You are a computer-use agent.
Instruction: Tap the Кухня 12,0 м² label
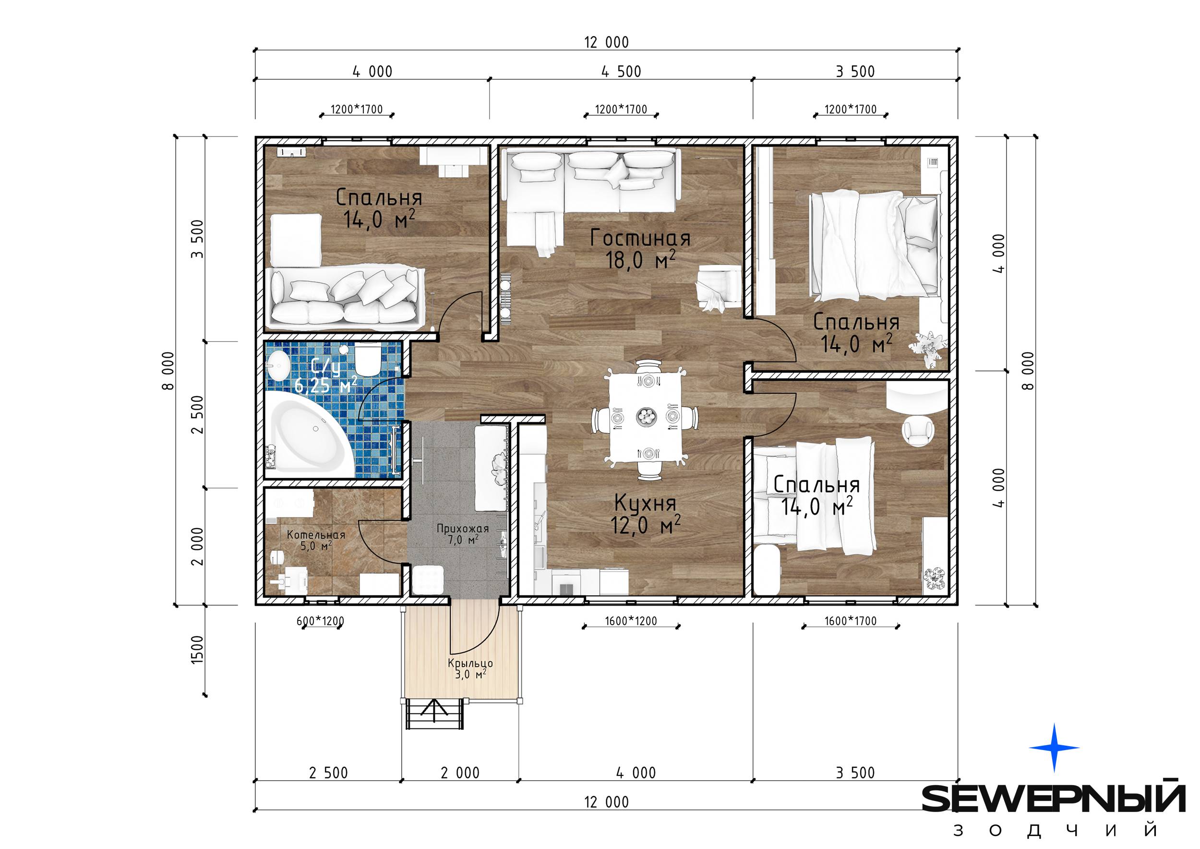click(646, 514)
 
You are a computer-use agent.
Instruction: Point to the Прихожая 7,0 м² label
click(463, 534)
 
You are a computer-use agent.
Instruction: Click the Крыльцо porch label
click(470, 668)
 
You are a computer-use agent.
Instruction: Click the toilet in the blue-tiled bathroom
click(367, 359)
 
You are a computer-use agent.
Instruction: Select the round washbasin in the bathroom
click(278, 364)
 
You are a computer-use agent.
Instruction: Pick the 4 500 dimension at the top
click(621, 72)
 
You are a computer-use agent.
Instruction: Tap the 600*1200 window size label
click(320, 621)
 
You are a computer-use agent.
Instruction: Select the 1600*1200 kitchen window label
click(631, 621)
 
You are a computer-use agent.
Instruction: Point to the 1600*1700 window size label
click(851, 621)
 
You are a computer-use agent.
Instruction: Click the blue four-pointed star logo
click(1054, 748)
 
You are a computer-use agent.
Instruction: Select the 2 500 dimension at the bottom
click(328, 773)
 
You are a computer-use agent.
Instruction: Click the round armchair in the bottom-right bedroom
click(918, 431)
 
